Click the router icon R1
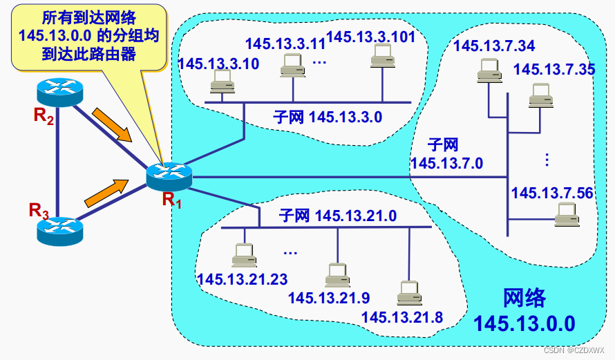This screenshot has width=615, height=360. coord(169,176)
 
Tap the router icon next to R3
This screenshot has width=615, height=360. coord(59,229)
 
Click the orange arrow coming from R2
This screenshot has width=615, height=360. coord(111,124)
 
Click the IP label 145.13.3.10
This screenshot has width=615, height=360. coord(218,64)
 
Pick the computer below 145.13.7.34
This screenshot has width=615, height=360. coord(489,71)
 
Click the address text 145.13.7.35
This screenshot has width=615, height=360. coord(554,69)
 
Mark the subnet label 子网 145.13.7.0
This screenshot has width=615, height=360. coord(446,154)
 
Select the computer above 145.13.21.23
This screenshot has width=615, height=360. coord(243,256)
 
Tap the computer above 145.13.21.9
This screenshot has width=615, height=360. coord(337,274)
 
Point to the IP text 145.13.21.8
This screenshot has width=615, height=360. coord(402,317)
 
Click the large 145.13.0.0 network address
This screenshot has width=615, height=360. coord(524,323)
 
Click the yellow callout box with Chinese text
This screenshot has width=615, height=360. coord(89,36)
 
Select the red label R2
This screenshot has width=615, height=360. coord(44,115)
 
